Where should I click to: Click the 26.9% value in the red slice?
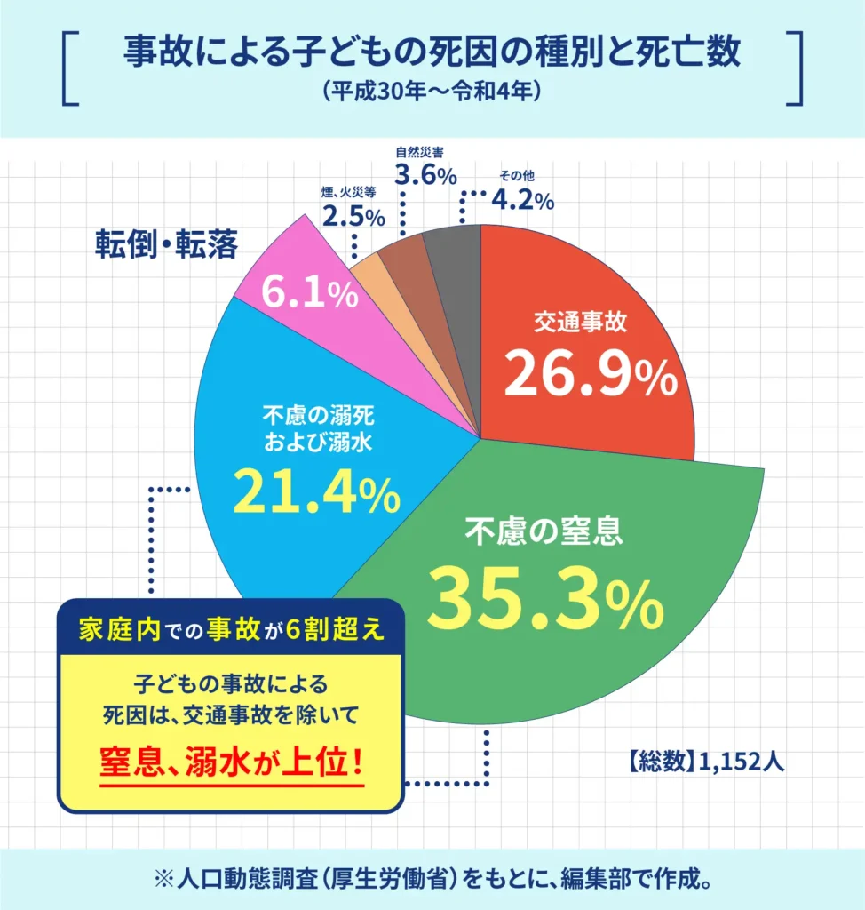[x=591, y=375]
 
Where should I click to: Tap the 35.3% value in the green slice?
[x=545, y=598]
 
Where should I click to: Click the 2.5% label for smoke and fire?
[x=353, y=215]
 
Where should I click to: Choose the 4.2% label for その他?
[x=522, y=200]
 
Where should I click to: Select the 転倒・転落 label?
[x=167, y=244]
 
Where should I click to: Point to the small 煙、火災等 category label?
[x=353, y=191]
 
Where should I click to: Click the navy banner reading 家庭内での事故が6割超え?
[x=230, y=629]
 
